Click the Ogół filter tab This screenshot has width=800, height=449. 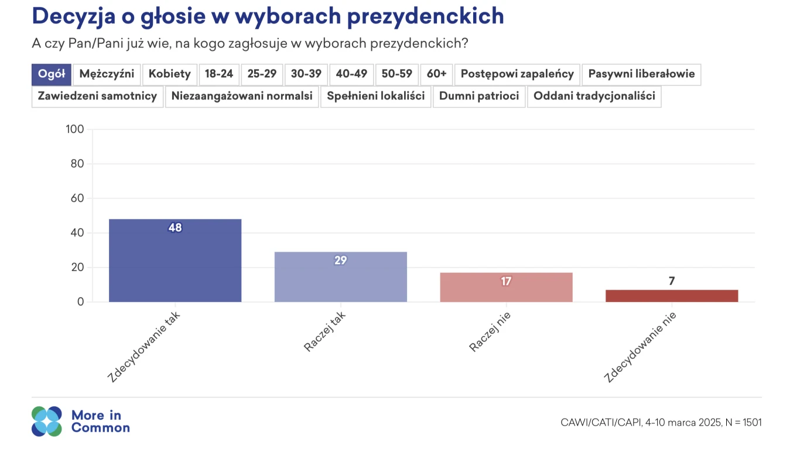tap(51, 74)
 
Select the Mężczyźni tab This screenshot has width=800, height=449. tap(107, 74)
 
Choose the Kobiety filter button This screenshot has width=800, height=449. tap(169, 74)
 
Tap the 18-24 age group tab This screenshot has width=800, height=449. tap(219, 74)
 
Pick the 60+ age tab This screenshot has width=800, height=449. tap(436, 74)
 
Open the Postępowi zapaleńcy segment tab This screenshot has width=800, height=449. tap(517, 74)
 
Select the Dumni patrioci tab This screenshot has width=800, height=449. tap(479, 97)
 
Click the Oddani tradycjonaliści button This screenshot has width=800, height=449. tap(594, 97)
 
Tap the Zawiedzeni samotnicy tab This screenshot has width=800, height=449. tap(97, 97)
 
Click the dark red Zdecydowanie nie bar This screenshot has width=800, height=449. tap(671, 296)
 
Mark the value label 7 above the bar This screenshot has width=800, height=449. tap(672, 281)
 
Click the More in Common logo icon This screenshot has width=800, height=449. tap(47, 421)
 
